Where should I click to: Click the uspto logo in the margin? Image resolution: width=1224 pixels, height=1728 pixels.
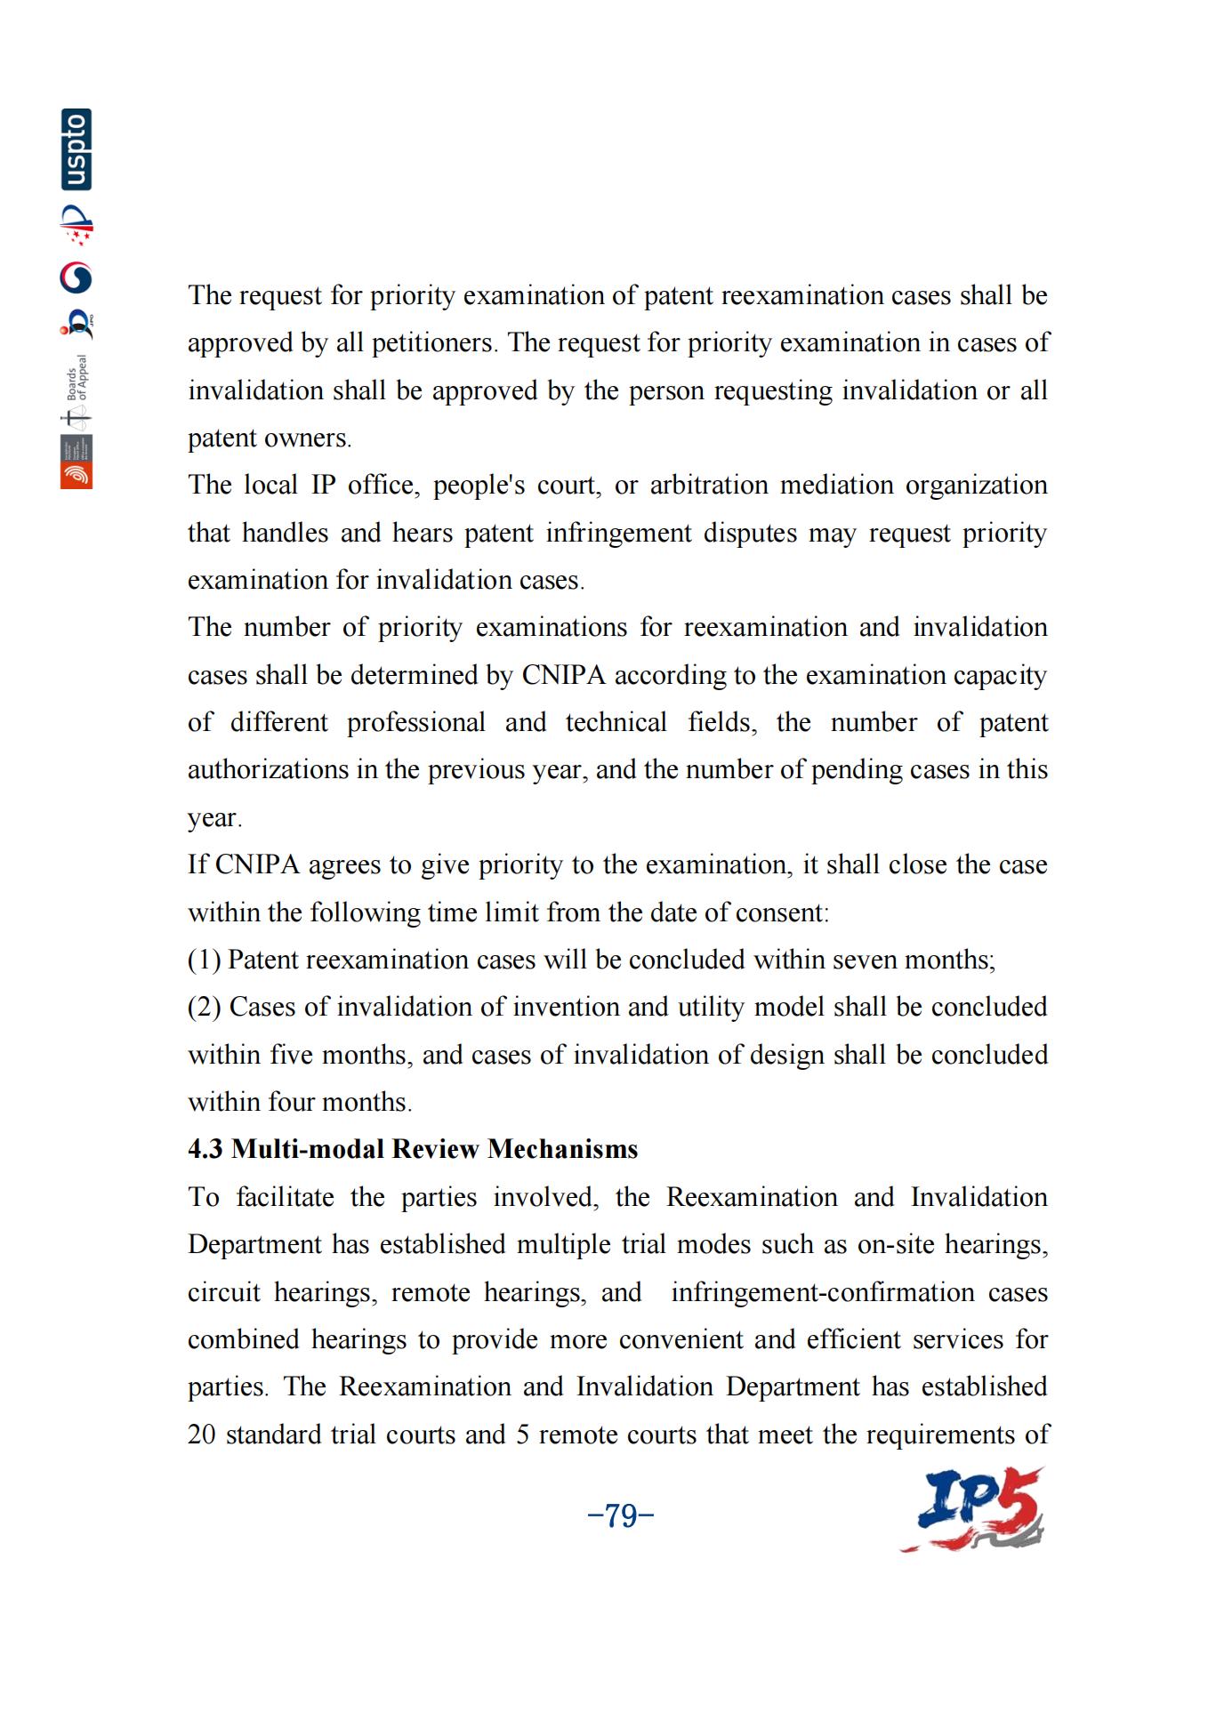click(x=76, y=149)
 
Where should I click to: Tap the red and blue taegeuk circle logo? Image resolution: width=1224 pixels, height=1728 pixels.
click(x=76, y=278)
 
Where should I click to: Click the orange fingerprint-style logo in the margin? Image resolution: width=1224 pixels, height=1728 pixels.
click(x=76, y=476)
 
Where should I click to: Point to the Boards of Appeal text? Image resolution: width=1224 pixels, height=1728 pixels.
click(x=78, y=378)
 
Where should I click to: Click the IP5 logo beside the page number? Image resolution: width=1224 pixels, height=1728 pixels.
click(x=973, y=1510)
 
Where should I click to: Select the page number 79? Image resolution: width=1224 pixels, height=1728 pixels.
click(x=621, y=1515)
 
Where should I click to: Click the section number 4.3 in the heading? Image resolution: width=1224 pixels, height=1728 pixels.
click(x=205, y=1149)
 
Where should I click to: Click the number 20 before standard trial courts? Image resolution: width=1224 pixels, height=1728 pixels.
click(x=202, y=1435)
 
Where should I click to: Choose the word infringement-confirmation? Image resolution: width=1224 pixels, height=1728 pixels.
click(x=823, y=1292)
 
